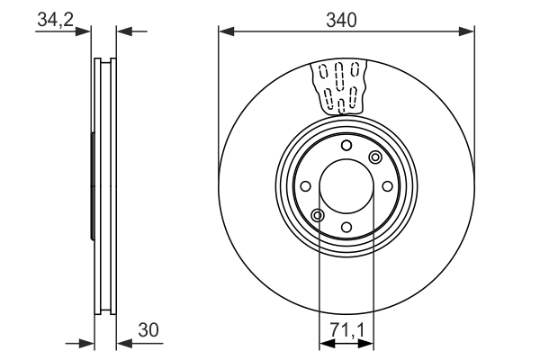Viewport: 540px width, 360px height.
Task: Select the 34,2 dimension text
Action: pyautogui.click(x=56, y=19)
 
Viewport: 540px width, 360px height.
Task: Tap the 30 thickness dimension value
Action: pyautogui.click(x=149, y=330)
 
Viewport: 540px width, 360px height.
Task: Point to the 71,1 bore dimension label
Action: pyautogui.click(x=346, y=330)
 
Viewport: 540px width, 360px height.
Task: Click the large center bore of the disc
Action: pyautogui.click(x=346, y=185)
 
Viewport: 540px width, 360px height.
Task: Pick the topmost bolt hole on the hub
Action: pyautogui.click(x=346, y=146)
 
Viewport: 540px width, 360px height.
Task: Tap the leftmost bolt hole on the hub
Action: pyautogui.click(x=306, y=186)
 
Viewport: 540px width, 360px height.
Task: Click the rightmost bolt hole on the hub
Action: pyautogui.click(x=387, y=186)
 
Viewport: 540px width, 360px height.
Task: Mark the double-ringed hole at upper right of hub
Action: pyautogui.click(x=375, y=157)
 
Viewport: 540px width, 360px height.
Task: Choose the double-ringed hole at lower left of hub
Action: pyautogui.click(x=317, y=214)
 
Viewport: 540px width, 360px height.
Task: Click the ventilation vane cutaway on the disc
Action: pyautogui.click(x=340, y=86)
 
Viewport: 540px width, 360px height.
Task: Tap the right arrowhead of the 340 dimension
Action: pyautogui.click(x=467, y=31)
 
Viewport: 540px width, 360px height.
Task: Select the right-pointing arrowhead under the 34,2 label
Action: pyautogui.click(x=86, y=31)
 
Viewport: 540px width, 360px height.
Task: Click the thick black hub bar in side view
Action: pyautogui.click(x=93, y=186)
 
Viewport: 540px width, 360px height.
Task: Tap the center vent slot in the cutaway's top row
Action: pyautogui.click(x=340, y=70)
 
